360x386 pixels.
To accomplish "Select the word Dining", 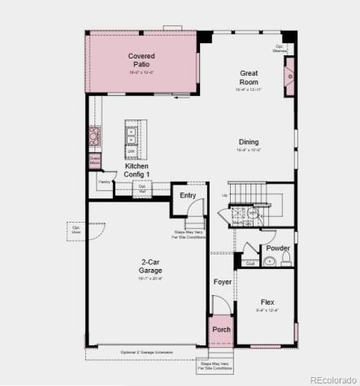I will (249, 141).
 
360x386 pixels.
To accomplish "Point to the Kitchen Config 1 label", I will (136, 170).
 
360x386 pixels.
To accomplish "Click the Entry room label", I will (188, 195).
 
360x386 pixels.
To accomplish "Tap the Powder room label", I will (278, 248).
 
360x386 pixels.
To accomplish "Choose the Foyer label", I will (223, 282).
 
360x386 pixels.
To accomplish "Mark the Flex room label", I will (267, 301).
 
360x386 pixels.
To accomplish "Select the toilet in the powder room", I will (285, 259).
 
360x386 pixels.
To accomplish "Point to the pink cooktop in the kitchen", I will (94, 134).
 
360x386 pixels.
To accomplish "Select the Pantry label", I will (104, 182).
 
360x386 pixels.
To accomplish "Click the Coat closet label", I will (249, 262).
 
